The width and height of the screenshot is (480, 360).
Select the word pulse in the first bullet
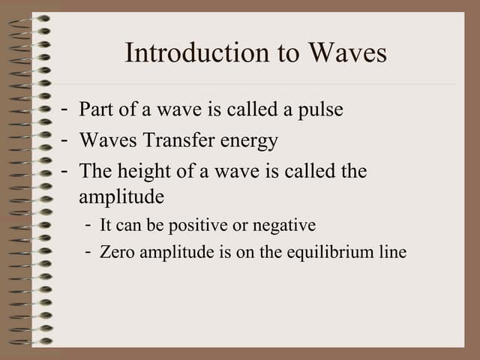click(320, 109)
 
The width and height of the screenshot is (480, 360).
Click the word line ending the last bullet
click(392, 252)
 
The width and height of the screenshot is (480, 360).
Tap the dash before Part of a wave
click(67, 109)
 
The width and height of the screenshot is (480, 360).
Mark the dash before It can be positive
click(89, 225)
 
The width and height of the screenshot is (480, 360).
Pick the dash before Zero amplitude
click(89, 252)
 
